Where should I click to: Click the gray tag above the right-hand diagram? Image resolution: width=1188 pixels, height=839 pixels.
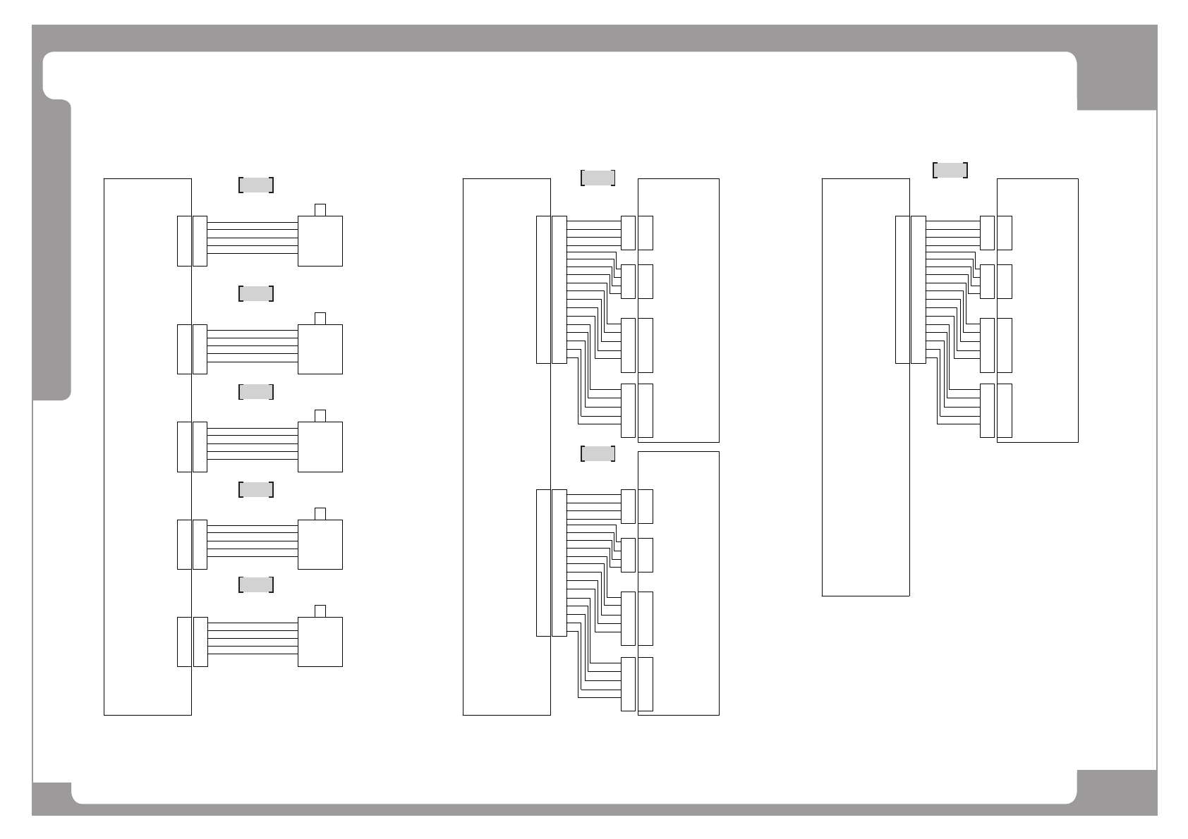(x=950, y=170)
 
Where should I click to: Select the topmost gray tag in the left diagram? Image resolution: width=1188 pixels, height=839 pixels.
(x=255, y=185)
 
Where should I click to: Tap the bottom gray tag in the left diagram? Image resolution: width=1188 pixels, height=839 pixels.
(x=255, y=584)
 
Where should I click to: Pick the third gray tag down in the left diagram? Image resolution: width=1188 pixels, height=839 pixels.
(x=255, y=392)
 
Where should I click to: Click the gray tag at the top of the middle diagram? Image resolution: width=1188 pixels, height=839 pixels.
(x=597, y=178)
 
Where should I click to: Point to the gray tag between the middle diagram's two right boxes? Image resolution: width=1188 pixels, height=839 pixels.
(x=597, y=453)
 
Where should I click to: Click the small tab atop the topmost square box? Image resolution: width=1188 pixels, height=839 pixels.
(x=320, y=209)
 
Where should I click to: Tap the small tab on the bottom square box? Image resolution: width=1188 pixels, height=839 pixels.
(x=320, y=611)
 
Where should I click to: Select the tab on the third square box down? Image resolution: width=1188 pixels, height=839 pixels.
(x=320, y=415)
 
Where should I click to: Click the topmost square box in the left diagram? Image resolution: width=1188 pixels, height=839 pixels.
(x=320, y=241)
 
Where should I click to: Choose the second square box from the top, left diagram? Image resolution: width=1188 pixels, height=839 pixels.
(x=320, y=349)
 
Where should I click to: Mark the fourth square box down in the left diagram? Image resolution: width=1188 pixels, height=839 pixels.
(x=320, y=544)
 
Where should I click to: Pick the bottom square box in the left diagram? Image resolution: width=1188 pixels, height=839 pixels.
(x=320, y=642)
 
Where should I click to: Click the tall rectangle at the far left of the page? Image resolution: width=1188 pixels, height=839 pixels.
(x=141, y=447)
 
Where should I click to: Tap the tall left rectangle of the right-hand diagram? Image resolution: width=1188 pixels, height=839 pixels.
(x=861, y=387)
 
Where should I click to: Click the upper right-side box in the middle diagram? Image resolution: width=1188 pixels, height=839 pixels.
(x=684, y=310)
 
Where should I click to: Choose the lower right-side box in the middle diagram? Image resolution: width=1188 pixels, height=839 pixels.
(x=684, y=583)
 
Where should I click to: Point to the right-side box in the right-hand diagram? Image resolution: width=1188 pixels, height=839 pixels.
(x=1044, y=310)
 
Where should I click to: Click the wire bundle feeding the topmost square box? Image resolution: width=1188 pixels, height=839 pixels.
(x=253, y=238)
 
